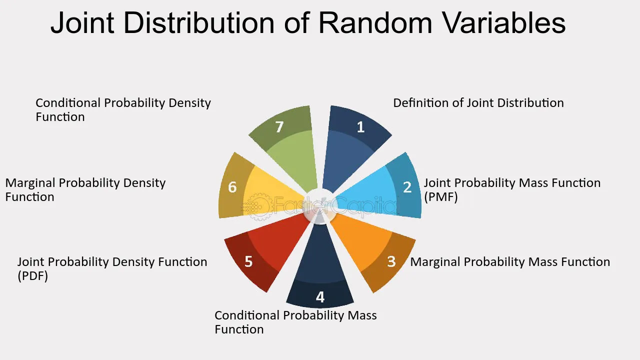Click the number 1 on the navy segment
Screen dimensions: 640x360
[x=361, y=127]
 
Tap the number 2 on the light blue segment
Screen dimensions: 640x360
[x=407, y=187]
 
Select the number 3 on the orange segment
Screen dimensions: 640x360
[x=391, y=261]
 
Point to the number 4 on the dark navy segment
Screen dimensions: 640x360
[x=320, y=297]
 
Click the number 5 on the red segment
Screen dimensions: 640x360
[x=248, y=261]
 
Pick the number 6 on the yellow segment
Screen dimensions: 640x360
[x=232, y=187]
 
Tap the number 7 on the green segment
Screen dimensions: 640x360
[x=279, y=127]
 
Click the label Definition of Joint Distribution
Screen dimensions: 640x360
[x=478, y=103]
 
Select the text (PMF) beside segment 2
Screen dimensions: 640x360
[x=441, y=197]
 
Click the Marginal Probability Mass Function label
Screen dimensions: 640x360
[x=510, y=262]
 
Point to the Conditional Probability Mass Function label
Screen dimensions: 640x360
[x=295, y=322]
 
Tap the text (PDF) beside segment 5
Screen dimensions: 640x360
[x=33, y=276]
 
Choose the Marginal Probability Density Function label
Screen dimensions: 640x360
[x=85, y=189]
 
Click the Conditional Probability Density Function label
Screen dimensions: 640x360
[x=123, y=109]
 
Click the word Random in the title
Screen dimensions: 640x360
[x=375, y=22]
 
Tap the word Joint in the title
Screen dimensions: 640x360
[x=82, y=22]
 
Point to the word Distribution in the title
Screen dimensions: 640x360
[x=199, y=22]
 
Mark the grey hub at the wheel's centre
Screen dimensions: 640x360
[x=320, y=206]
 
